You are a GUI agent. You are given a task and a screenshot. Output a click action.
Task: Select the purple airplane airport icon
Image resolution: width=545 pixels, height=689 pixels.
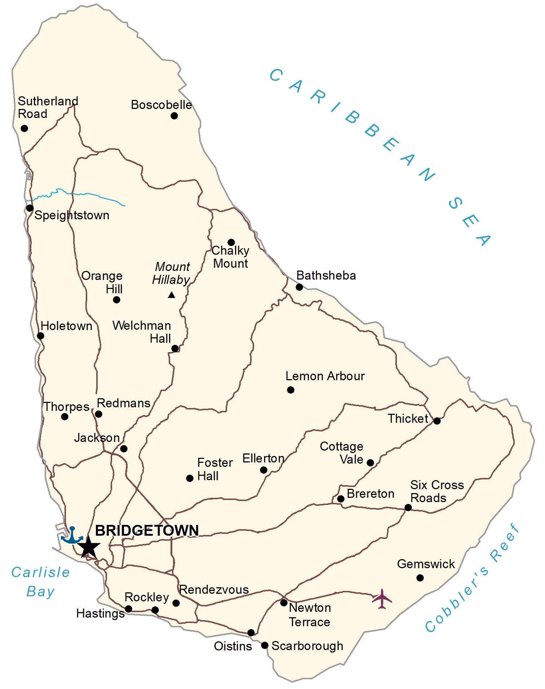(382, 599)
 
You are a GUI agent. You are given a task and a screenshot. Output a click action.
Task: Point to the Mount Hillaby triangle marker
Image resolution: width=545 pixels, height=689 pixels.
(172, 295)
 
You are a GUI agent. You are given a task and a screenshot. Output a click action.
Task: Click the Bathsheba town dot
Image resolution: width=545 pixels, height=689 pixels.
(299, 287)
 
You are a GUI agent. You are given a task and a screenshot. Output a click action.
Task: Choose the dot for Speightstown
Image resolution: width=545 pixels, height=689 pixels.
(30, 208)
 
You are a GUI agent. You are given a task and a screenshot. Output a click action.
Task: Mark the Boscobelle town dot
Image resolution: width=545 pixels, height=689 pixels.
(174, 116)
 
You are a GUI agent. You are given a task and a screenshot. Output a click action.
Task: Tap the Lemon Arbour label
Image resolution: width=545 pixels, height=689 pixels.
(325, 376)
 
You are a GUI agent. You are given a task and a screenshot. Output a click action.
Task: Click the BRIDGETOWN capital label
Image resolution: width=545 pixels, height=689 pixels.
(147, 531)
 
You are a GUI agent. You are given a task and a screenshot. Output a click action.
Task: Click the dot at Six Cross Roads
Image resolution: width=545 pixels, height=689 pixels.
(408, 508)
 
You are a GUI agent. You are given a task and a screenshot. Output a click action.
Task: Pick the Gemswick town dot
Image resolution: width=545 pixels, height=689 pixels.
(420, 578)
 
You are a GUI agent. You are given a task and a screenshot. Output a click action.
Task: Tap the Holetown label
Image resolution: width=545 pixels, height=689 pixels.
(66, 326)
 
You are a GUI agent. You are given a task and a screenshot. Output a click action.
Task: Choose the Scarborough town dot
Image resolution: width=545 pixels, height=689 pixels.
(265, 645)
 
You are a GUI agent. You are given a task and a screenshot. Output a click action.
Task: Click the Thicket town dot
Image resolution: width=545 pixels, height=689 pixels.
(437, 421)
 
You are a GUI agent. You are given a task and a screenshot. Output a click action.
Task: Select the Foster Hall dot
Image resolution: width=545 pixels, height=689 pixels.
(190, 478)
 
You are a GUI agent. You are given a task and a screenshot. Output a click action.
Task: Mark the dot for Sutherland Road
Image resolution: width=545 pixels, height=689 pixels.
(24, 128)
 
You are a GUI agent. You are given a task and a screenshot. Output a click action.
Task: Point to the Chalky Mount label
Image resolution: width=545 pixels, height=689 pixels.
(230, 257)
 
